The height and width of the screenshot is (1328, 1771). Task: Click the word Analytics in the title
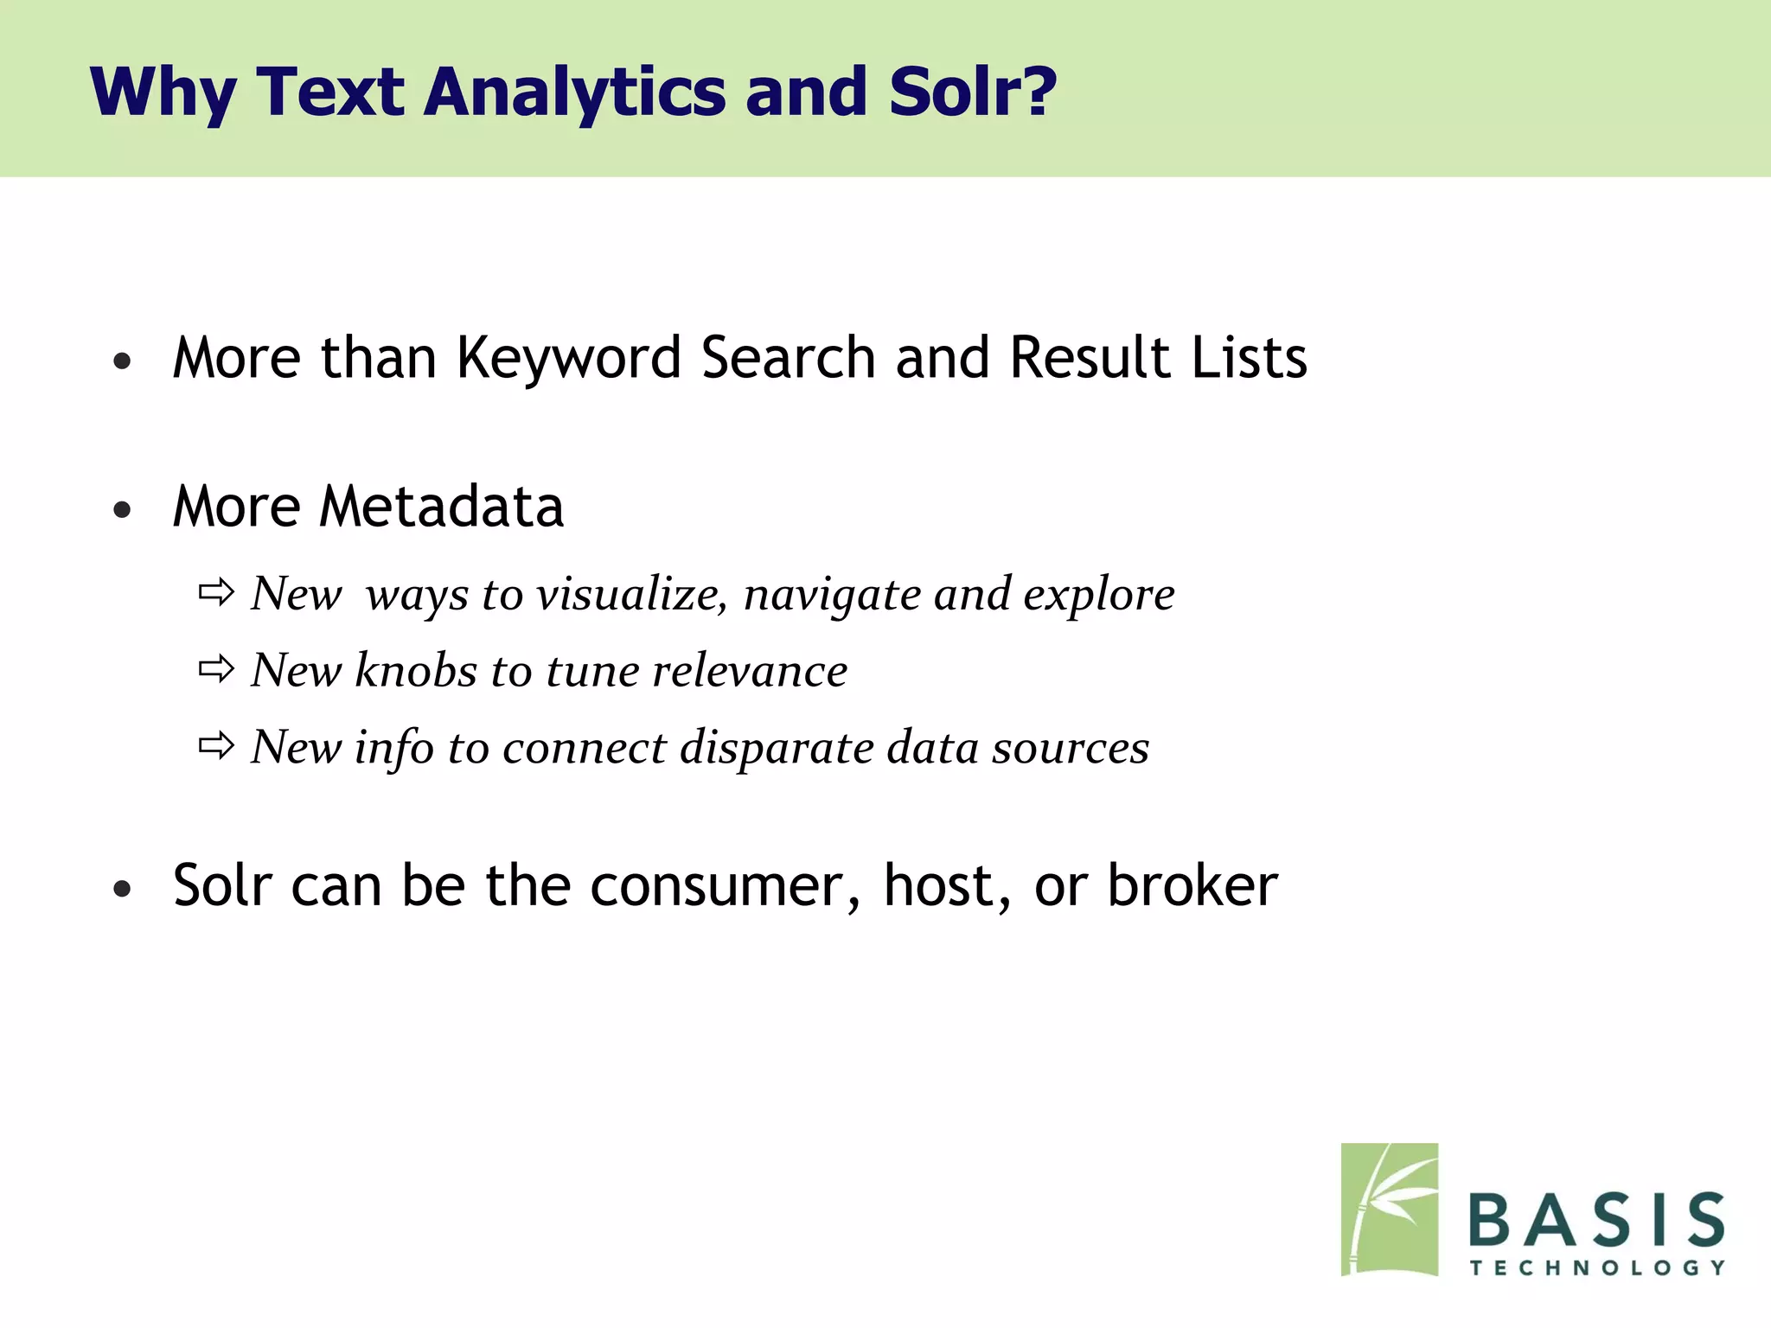pos(574,92)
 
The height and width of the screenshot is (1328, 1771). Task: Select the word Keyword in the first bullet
pos(569,358)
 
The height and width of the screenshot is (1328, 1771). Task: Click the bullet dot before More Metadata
pos(122,510)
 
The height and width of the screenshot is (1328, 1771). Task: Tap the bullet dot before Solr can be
pos(122,889)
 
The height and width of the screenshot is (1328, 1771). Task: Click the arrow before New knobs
pos(216,668)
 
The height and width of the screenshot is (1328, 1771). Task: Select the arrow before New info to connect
pos(216,744)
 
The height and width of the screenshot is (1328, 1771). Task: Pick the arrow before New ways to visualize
pos(216,592)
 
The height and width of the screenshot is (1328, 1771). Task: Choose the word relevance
pos(749,671)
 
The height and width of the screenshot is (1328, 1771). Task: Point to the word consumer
pos(725,887)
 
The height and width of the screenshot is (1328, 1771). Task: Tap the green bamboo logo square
pos(1389,1209)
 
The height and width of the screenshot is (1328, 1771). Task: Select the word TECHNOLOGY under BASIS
pos(1596,1267)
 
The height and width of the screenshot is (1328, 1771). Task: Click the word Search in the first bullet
pos(788,358)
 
